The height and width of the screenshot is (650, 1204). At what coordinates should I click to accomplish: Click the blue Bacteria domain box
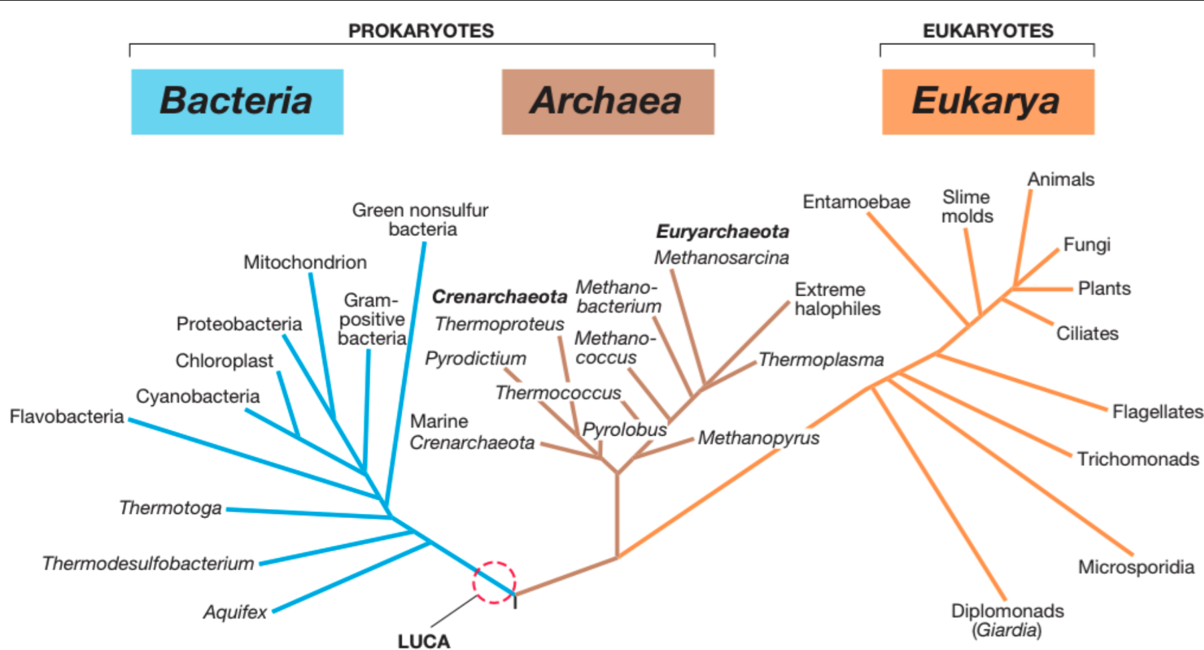[237, 102]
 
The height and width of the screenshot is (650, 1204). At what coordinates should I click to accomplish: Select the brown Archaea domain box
[607, 102]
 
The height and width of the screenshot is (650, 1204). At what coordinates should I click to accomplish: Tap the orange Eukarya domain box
[987, 102]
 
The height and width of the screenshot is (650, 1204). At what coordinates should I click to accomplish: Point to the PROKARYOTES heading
[421, 31]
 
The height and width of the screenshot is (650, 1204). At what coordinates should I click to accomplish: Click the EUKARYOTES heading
[988, 31]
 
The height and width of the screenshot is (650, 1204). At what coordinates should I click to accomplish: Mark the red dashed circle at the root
[494, 582]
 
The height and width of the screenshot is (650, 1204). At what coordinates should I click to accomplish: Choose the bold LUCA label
[424, 641]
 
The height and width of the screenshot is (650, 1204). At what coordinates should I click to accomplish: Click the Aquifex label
[235, 612]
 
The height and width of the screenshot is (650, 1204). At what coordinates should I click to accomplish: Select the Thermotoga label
[170, 508]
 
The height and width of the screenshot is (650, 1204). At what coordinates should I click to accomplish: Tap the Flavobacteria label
[67, 417]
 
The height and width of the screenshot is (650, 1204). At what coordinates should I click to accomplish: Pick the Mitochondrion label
[305, 262]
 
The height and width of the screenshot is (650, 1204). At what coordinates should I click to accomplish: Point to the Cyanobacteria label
[198, 396]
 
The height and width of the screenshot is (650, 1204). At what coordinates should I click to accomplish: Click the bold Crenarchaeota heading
[500, 296]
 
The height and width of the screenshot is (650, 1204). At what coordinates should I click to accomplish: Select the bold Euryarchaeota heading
[723, 231]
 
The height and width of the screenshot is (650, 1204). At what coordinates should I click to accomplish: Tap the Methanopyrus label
[759, 438]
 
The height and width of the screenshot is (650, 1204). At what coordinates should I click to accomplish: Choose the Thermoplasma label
[821, 360]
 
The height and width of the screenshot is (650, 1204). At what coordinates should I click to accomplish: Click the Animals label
[1061, 180]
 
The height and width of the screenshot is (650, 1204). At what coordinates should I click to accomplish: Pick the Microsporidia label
[1136, 567]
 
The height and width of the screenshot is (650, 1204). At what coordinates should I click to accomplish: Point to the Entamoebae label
[856, 202]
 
